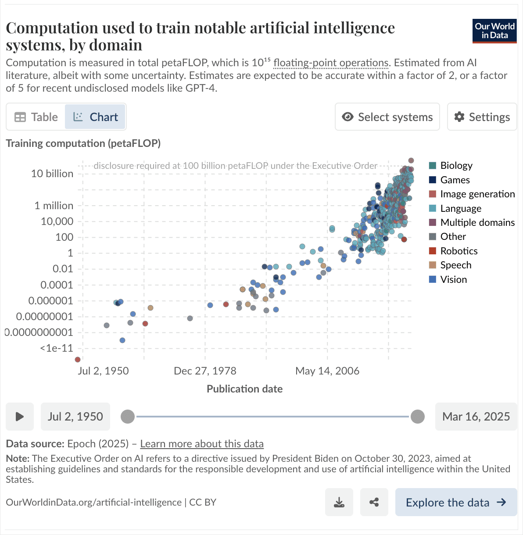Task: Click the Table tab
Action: [x=36, y=117]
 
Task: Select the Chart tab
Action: [x=95, y=117]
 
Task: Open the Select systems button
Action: [x=387, y=117]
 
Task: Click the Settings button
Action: [x=482, y=117]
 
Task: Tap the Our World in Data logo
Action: [x=494, y=31]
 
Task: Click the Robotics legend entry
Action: [x=453, y=251]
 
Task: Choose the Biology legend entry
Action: [x=451, y=165]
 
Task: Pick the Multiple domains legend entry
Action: [x=472, y=222]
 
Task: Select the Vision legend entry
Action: [x=448, y=279]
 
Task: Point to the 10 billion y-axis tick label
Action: [x=52, y=174]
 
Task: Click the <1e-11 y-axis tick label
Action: [x=57, y=348]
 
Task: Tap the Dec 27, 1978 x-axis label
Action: [x=205, y=371]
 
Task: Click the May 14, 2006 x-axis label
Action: [x=327, y=371]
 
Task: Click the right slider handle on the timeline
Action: [x=417, y=417]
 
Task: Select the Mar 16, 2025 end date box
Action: [x=476, y=417]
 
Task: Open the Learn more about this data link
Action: [x=202, y=444]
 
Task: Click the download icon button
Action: [x=339, y=502]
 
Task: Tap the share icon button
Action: [x=374, y=502]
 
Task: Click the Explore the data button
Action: [x=456, y=502]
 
